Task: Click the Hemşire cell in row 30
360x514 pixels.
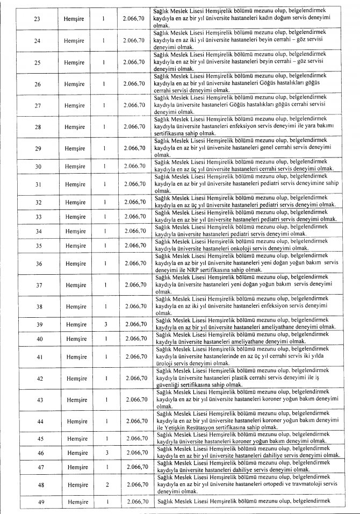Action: tap(74, 167)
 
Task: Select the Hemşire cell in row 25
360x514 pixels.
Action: tap(74, 62)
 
